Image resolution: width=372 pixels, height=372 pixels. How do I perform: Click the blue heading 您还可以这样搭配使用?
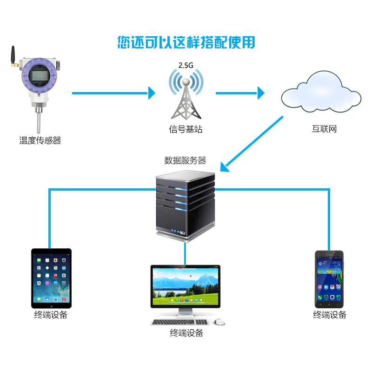(186, 42)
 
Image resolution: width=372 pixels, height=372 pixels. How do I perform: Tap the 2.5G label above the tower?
(186, 66)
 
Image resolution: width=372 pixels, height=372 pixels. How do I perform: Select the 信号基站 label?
(186, 130)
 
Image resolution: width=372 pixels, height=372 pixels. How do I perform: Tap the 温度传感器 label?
(40, 140)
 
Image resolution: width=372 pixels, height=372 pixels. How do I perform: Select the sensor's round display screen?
(39, 74)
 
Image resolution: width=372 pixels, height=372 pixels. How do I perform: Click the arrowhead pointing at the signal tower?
(151, 93)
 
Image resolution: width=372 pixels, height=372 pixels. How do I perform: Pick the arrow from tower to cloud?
(239, 93)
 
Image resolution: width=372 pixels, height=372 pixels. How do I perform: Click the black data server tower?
(185, 205)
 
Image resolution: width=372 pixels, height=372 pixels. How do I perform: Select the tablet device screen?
(51, 278)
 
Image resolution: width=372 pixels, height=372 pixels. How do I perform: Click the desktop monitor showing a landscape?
(186, 286)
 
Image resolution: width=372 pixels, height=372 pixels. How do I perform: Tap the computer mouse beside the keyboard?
(219, 322)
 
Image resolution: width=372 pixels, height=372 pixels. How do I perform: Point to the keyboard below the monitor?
(179, 322)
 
